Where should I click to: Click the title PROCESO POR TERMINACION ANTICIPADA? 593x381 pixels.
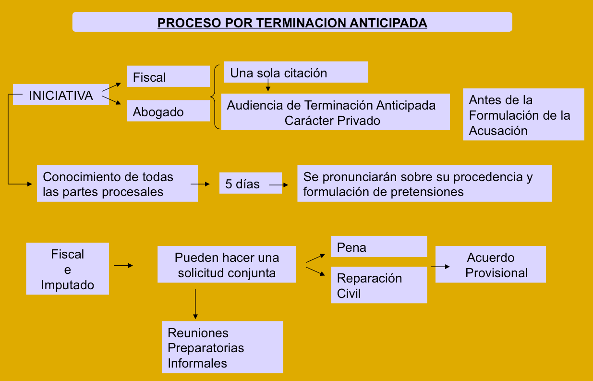tap(292, 23)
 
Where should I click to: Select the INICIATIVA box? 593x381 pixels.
tap(61, 95)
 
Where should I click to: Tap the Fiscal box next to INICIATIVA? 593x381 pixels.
tap(168, 77)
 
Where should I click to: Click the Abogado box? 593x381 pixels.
tap(168, 111)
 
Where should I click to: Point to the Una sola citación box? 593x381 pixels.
tap(296, 73)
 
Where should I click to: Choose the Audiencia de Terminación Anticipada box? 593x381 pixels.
tap(335, 112)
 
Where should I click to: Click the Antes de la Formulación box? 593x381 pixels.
tap(523, 115)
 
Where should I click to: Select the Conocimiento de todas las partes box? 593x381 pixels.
tap(117, 184)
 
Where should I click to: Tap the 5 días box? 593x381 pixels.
tap(250, 184)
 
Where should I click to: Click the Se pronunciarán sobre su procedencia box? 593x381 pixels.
tap(424, 184)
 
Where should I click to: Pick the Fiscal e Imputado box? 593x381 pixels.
tap(68, 269)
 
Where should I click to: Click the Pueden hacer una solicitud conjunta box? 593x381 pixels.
tap(227, 265)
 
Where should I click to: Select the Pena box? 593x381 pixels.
tap(379, 247)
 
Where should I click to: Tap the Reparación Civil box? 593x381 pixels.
tap(379, 285)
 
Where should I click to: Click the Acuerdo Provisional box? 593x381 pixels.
tap(490, 265)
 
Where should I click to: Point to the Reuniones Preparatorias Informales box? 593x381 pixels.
tap(222, 347)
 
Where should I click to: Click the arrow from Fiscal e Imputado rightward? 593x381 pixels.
tap(123, 265)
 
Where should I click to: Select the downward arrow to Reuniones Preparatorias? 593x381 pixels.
tap(195, 304)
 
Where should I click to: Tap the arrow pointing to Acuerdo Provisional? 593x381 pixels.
tap(440, 266)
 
